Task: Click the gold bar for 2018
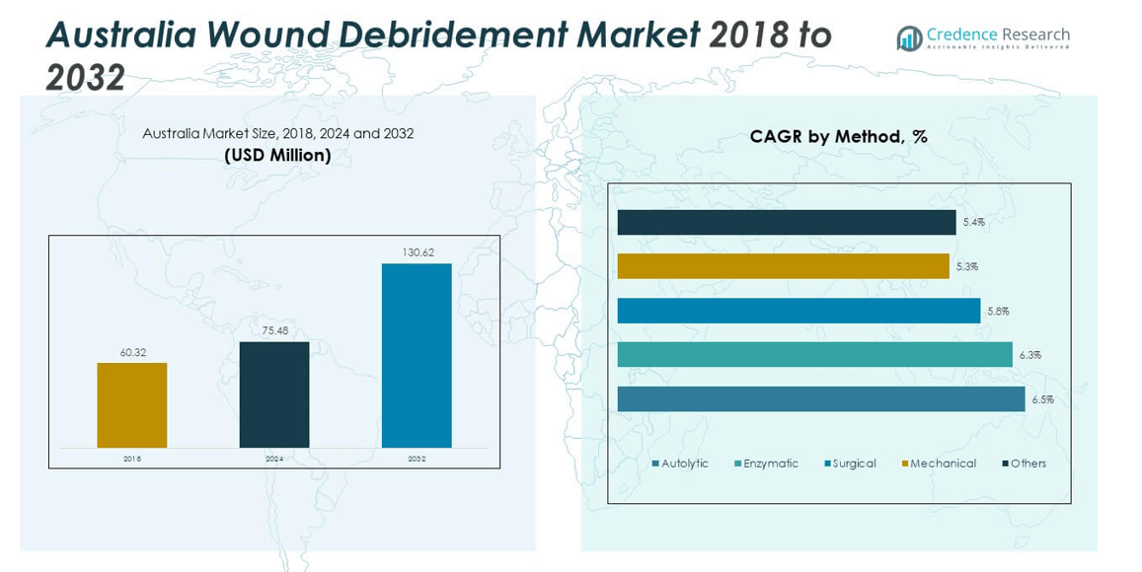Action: pos(131,405)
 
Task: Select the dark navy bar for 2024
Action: pos(274,394)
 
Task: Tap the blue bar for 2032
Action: pos(417,355)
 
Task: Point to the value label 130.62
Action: pos(418,252)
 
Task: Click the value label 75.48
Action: pos(274,331)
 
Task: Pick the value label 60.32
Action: pos(132,352)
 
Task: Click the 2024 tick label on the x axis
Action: pos(274,459)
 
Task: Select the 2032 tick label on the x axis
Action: pos(417,459)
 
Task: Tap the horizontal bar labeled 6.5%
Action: pos(821,399)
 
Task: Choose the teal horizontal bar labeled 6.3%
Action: pos(814,355)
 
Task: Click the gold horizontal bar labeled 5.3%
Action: pos(783,266)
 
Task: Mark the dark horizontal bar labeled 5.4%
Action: pos(787,222)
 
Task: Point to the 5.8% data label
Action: pos(998,311)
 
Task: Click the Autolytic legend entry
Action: pos(680,464)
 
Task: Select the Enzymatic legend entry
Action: pos(766,464)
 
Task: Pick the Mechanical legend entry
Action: pos(939,464)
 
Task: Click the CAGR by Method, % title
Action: pos(838,137)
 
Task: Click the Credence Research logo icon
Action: pos(909,37)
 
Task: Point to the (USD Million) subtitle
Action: pos(277,155)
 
